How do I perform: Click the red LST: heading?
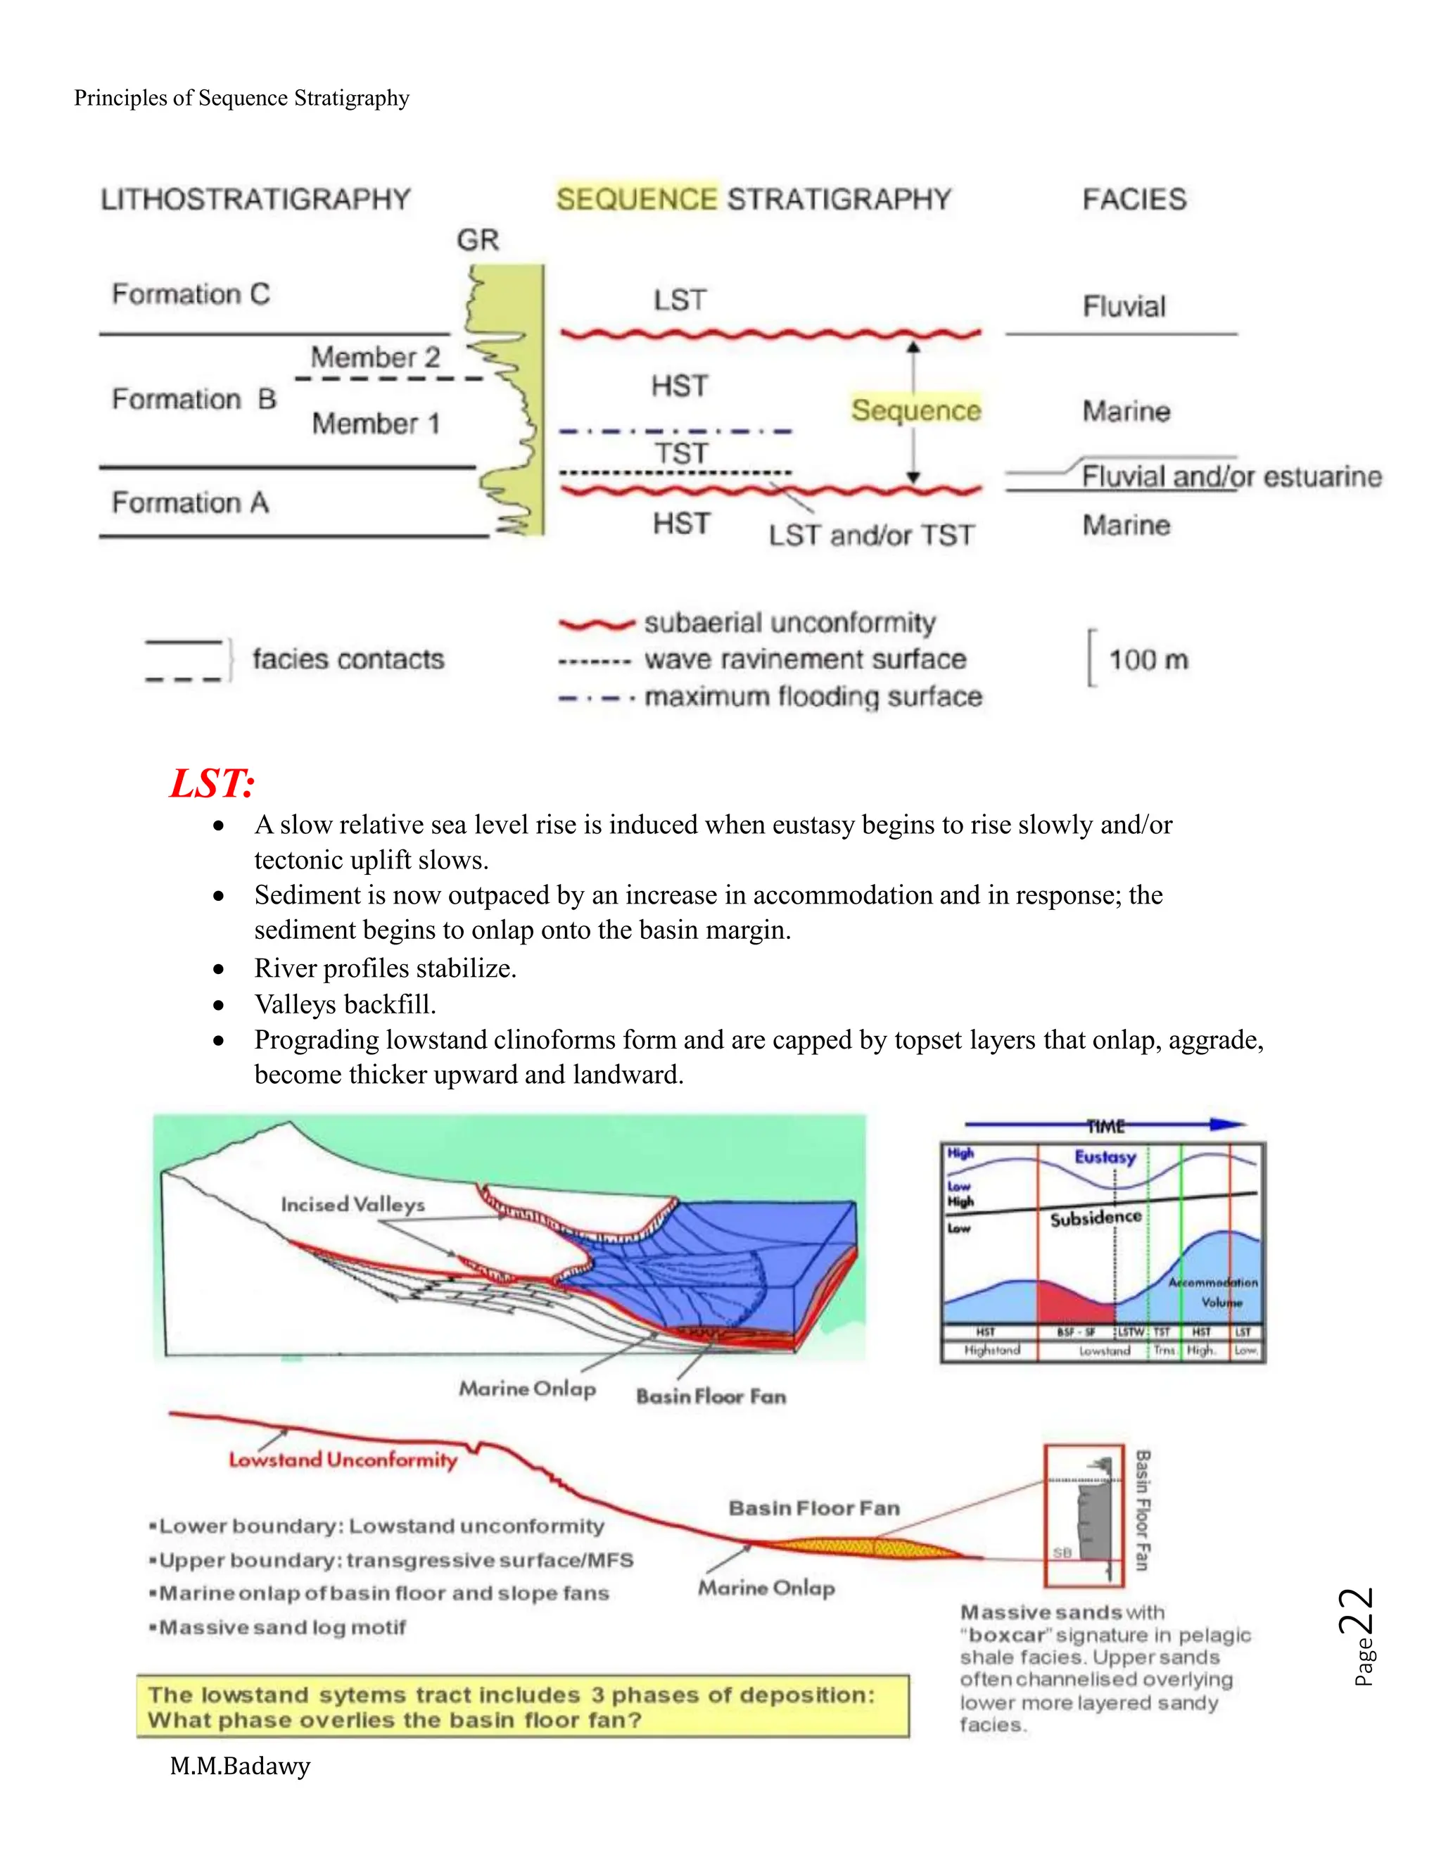pos(212,783)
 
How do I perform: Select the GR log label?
pos(477,240)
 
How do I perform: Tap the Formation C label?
pos(191,295)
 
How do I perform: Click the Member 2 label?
pos(375,357)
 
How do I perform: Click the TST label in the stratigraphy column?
pos(680,453)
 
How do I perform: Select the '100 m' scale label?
pos(1148,660)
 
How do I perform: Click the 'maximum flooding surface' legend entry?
pos(812,697)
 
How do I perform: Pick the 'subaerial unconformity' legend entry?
pos(789,623)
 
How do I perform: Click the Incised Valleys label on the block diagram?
pos(353,1204)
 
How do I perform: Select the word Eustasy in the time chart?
pos(1105,1157)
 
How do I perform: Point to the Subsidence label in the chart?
pos(1096,1218)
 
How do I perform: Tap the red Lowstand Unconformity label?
pos(343,1460)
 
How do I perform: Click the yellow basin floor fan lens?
pos(871,1546)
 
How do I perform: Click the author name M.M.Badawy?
pos(240,1766)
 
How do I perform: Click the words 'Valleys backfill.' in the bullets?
pos(345,1004)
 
